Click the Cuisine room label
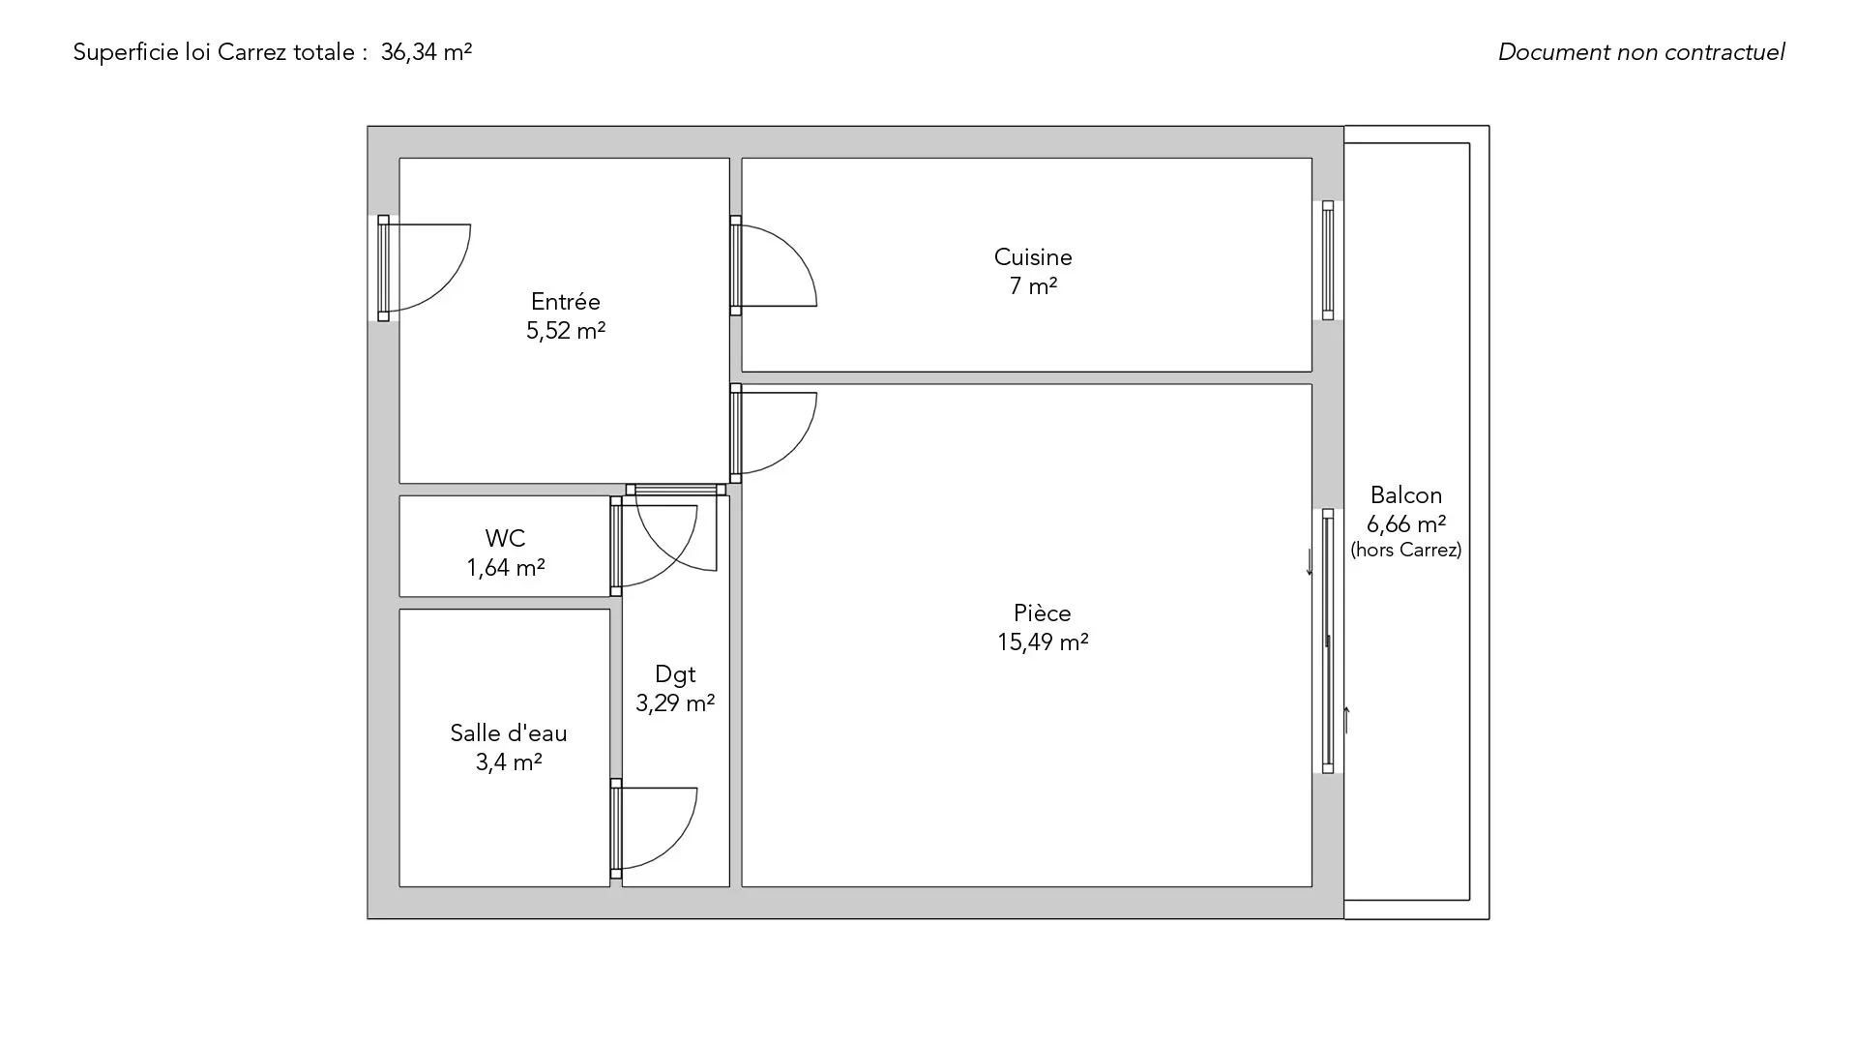pos(1033,257)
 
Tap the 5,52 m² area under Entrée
pos(566,331)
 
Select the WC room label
pos(505,539)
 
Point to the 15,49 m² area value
pos(1043,642)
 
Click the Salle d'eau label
pos(509,733)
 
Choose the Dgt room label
pos(675,674)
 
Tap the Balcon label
pos(1406,495)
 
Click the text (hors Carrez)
pos(1406,550)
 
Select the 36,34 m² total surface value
pos(427,52)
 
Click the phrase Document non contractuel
pos(1641,52)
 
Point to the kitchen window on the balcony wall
pos(1328,260)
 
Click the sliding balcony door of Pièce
pos(1328,641)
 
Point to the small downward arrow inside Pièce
pos(1311,562)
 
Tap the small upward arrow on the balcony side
pos(1346,720)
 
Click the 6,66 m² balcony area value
pos(1406,524)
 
